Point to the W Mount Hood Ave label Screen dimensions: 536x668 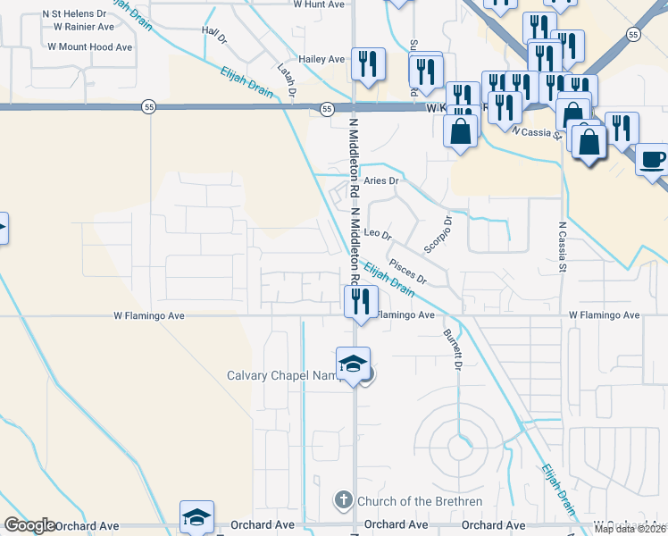(x=89, y=46)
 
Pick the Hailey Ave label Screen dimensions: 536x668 (x=322, y=60)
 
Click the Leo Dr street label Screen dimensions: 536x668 (x=380, y=235)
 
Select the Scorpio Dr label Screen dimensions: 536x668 (x=437, y=234)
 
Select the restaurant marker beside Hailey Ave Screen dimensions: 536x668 (x=367, y=63)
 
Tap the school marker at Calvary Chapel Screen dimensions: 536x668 (x=353, y=363)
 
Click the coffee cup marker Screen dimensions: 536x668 (x=653, y=159)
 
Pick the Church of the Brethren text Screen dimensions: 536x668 (x=407, y=501)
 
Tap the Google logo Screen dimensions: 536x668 (x=29, y=525)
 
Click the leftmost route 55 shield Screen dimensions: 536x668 (x=146, y=107)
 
